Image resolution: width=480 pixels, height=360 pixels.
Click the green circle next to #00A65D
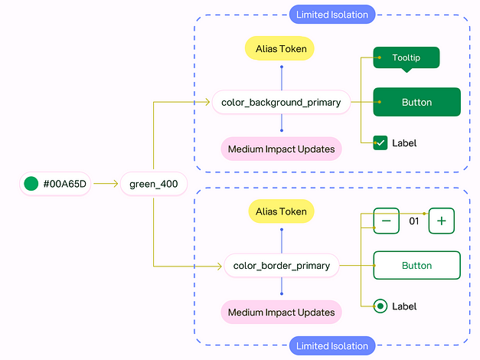[x=31, y=184]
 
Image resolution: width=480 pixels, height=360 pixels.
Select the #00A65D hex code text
[x=64, y=184]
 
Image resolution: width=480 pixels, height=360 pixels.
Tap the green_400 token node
[x=153, y=184]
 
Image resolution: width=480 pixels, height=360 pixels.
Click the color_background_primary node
[x=281, y=102]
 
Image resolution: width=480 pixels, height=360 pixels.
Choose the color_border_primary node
[x=281, y=266]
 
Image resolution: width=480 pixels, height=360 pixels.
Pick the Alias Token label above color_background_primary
[x=280, y=48]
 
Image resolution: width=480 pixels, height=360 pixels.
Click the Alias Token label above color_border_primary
[x=281, y=212]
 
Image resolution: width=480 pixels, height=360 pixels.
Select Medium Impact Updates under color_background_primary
[x=281, y=149]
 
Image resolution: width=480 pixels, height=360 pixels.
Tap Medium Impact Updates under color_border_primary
[x=281, y=313]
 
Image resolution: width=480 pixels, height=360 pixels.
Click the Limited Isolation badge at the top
[x=332, y=14]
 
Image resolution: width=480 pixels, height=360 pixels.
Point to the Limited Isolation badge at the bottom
[x=332, y=346]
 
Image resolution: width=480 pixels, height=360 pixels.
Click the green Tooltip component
[x=406, y=58]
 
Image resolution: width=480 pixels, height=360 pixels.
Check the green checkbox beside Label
[x=380, y=142]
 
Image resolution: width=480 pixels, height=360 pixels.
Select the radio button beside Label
[x=380, y=306]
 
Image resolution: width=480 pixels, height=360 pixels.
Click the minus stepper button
[x=386, y=221]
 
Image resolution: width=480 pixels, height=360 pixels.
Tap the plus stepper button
[x=442, y=221]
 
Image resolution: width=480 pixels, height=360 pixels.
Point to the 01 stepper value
[x=414, y=221]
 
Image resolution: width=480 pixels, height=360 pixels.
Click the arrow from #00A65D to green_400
[x=105, y=184]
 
